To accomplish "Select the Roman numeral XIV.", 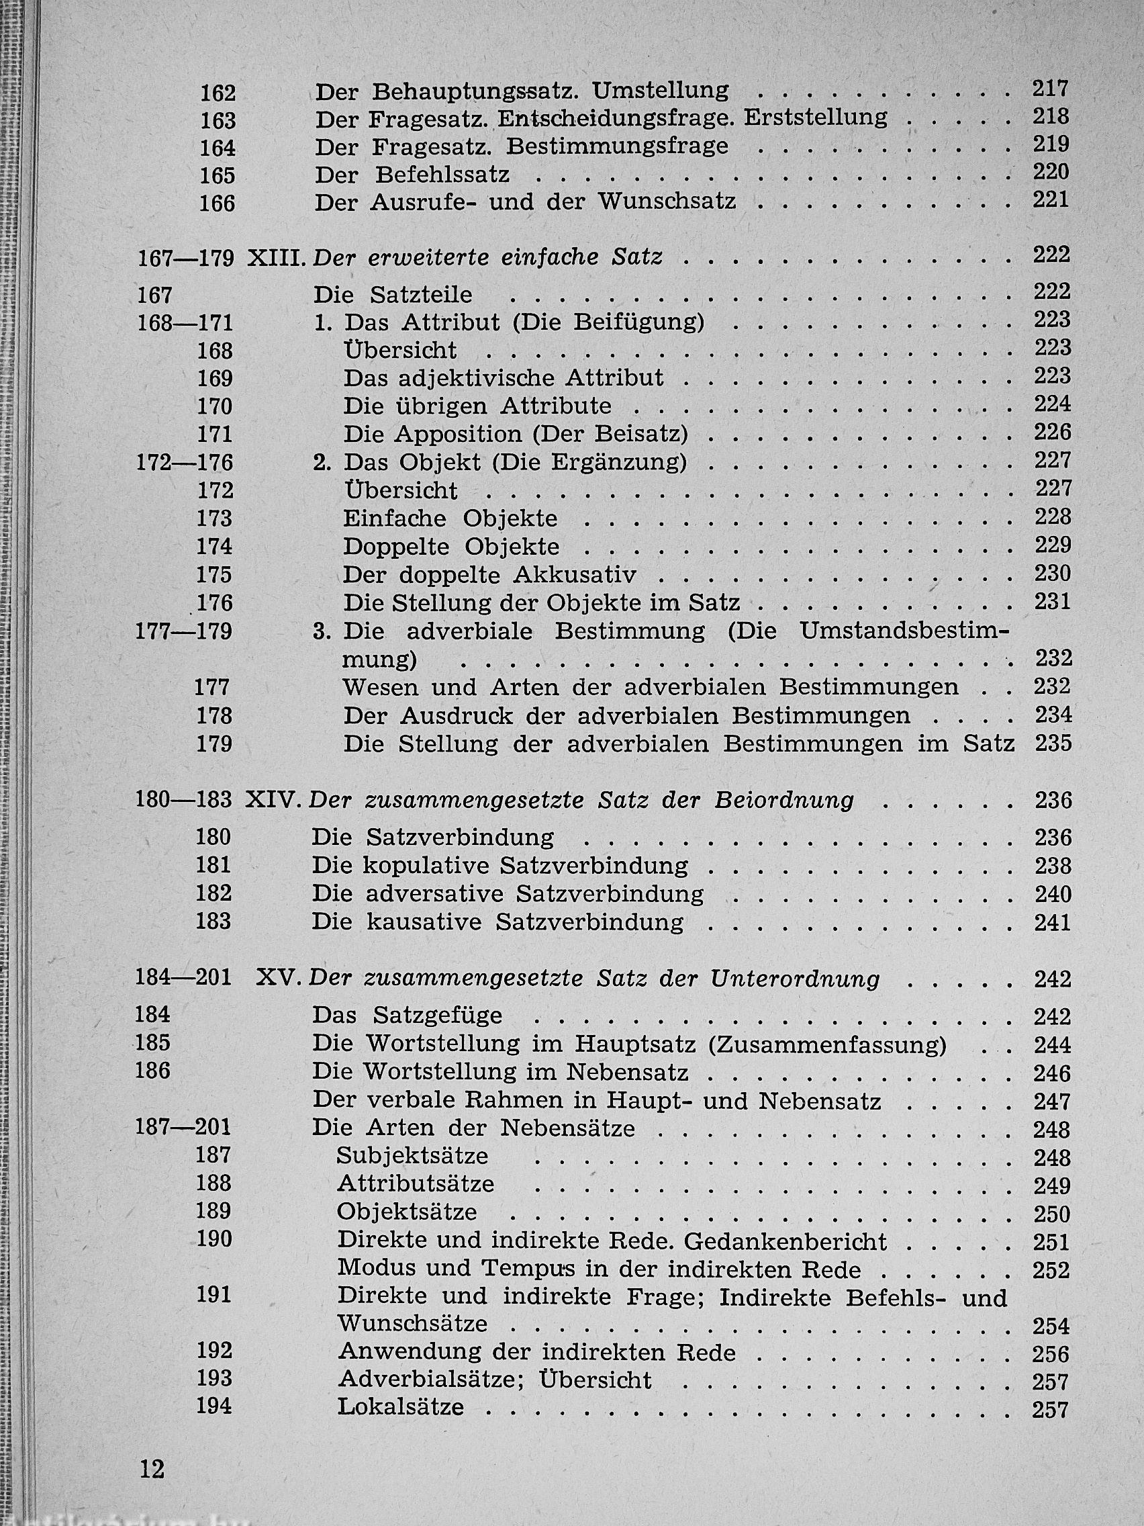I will click(275, 800).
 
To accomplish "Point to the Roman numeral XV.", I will click(279, 979).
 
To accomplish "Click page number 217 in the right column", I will click(1050, 88).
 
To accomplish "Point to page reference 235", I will click(1053, 743).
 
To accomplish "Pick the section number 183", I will click(213, 921).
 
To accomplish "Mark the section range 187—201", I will click(183, 1127).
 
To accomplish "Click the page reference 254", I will click(1051, 1325).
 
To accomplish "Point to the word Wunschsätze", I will click(412, 1324).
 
